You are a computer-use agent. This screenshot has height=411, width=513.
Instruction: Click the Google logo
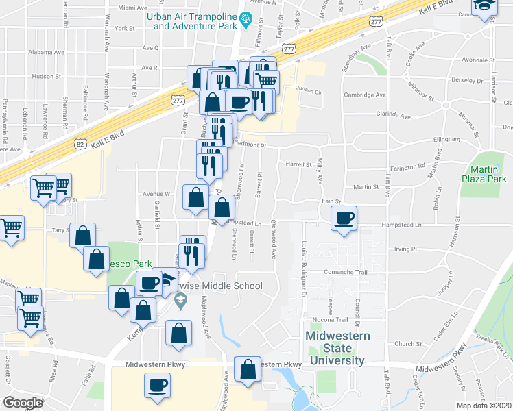[x=23, y=403]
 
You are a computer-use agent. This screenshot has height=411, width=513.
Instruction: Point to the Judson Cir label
[x=309, y=89]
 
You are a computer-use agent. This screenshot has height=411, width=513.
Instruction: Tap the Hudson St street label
[x=43, y=76]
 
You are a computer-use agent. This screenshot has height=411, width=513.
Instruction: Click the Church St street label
[x=407, y=345]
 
